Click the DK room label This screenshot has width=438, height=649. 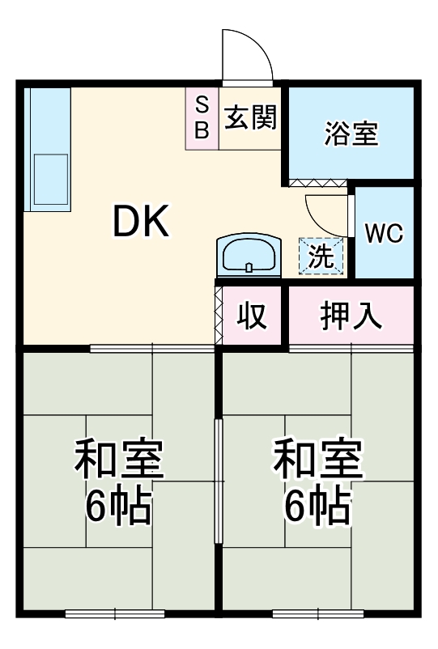[141, 222]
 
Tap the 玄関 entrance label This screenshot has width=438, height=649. [250, 118]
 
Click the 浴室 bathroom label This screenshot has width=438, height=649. [351, 134]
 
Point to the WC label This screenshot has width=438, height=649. [384, 233]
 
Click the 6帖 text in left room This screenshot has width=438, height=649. [119, 506]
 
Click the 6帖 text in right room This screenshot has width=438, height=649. [317, 506]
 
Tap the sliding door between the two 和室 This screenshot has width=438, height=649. [217, 482]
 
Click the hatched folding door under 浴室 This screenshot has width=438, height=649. [318, 184]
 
